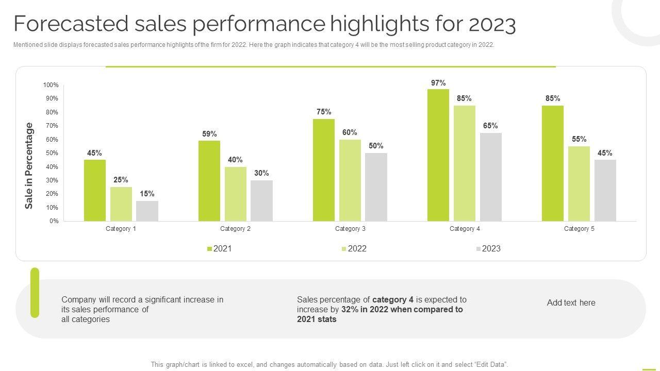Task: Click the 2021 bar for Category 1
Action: pyautogui.click(x=95, y=191)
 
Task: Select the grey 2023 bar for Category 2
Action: pyautogui.click(x=261, y=201)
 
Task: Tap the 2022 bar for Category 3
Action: pyautogui.click(x=350, y=180)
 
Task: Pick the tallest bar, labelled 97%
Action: pyautogui.click(x=438, y=155)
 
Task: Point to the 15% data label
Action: pyautogui.click(x=147, y=194)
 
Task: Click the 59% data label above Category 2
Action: pyautogui.click(x=209, y=134)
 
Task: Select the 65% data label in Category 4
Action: pyautogui.click(x=490, y=126)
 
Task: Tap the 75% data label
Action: pyautogui.click(x=324, y=112)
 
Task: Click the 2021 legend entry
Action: pyautogui.click(x=220, y=249)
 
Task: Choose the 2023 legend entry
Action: pyautogui.click(x=488, y=249)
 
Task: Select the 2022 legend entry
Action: pyautogui.click(x=354, y=249)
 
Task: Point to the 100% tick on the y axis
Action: pyautogui.click(x=51, y=85)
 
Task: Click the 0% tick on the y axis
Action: pyautogui.click(x=54, y=221)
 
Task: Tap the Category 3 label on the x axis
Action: pyautogui.click(x=350, y=229)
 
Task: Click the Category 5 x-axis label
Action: pyautogui.click(x=579, y=229)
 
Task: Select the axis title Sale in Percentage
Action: pyautogui.click(x=29, y=165)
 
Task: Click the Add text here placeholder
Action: pyautogui.click(x=571, y=303)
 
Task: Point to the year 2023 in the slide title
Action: pyautogui.click(x=492, y=24)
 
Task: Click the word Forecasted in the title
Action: pyautogui.click(x=71, y=24)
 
